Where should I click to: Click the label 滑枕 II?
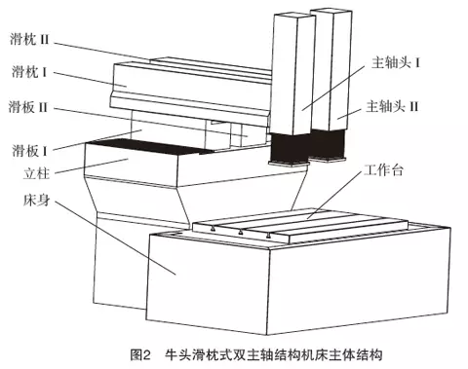29,40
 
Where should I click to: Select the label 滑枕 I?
29,72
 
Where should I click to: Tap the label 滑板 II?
28,107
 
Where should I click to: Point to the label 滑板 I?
29,150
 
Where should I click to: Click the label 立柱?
36,173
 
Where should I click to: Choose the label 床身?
36,200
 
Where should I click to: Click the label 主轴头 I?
396,62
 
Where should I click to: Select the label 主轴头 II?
392,106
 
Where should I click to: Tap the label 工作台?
383,169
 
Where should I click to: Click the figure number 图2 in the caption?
140,354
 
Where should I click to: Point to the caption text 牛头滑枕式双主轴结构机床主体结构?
273,354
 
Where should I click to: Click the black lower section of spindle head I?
290,148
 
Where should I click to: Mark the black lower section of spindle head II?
328,144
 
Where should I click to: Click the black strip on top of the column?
150,146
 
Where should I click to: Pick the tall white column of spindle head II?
331,69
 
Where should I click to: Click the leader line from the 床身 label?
115,238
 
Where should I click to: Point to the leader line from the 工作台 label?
334,194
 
